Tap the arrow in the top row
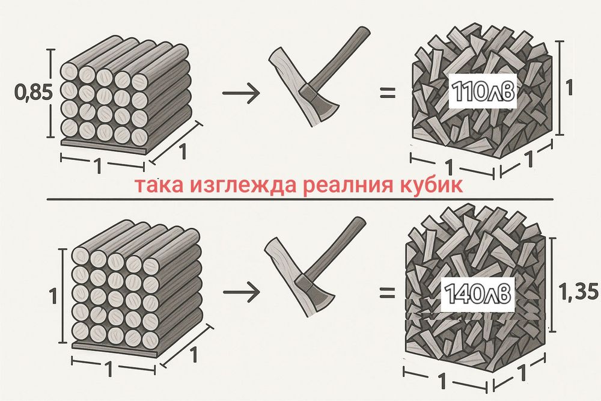[240, 93]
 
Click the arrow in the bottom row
[240, 293]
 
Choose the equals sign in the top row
[388, 93]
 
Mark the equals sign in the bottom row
[388, 293]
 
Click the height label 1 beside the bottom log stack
[52, 296]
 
